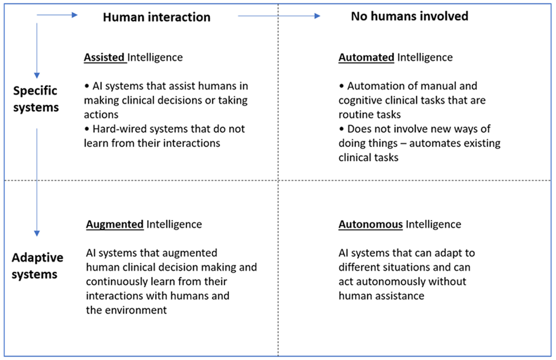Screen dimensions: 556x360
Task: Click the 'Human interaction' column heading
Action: pos(156,17)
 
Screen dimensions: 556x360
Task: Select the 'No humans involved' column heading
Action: pos(410,16)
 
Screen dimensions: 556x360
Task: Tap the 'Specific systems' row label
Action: pos(36,99)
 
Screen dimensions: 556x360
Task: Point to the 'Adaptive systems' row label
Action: pos(37,266)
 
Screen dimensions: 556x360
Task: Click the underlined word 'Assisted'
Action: pos(105,57)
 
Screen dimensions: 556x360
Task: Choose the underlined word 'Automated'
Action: pos(366,57)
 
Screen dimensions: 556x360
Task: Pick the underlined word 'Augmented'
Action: pos(115,224)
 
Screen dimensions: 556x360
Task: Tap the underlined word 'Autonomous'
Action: pos(370,224)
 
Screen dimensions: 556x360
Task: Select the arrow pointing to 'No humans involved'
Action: pos(279,16)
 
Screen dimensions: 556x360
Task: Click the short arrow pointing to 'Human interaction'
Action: pos(57,15)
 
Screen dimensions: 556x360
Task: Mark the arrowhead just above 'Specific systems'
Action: pos(37,76)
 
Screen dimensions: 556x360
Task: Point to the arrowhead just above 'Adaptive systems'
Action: pos(37,233)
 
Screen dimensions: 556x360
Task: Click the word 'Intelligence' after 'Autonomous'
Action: pos(433,224)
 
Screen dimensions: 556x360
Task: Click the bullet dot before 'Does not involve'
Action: pos(341,129)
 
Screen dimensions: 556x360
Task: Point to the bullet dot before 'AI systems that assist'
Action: pos(87,86)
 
